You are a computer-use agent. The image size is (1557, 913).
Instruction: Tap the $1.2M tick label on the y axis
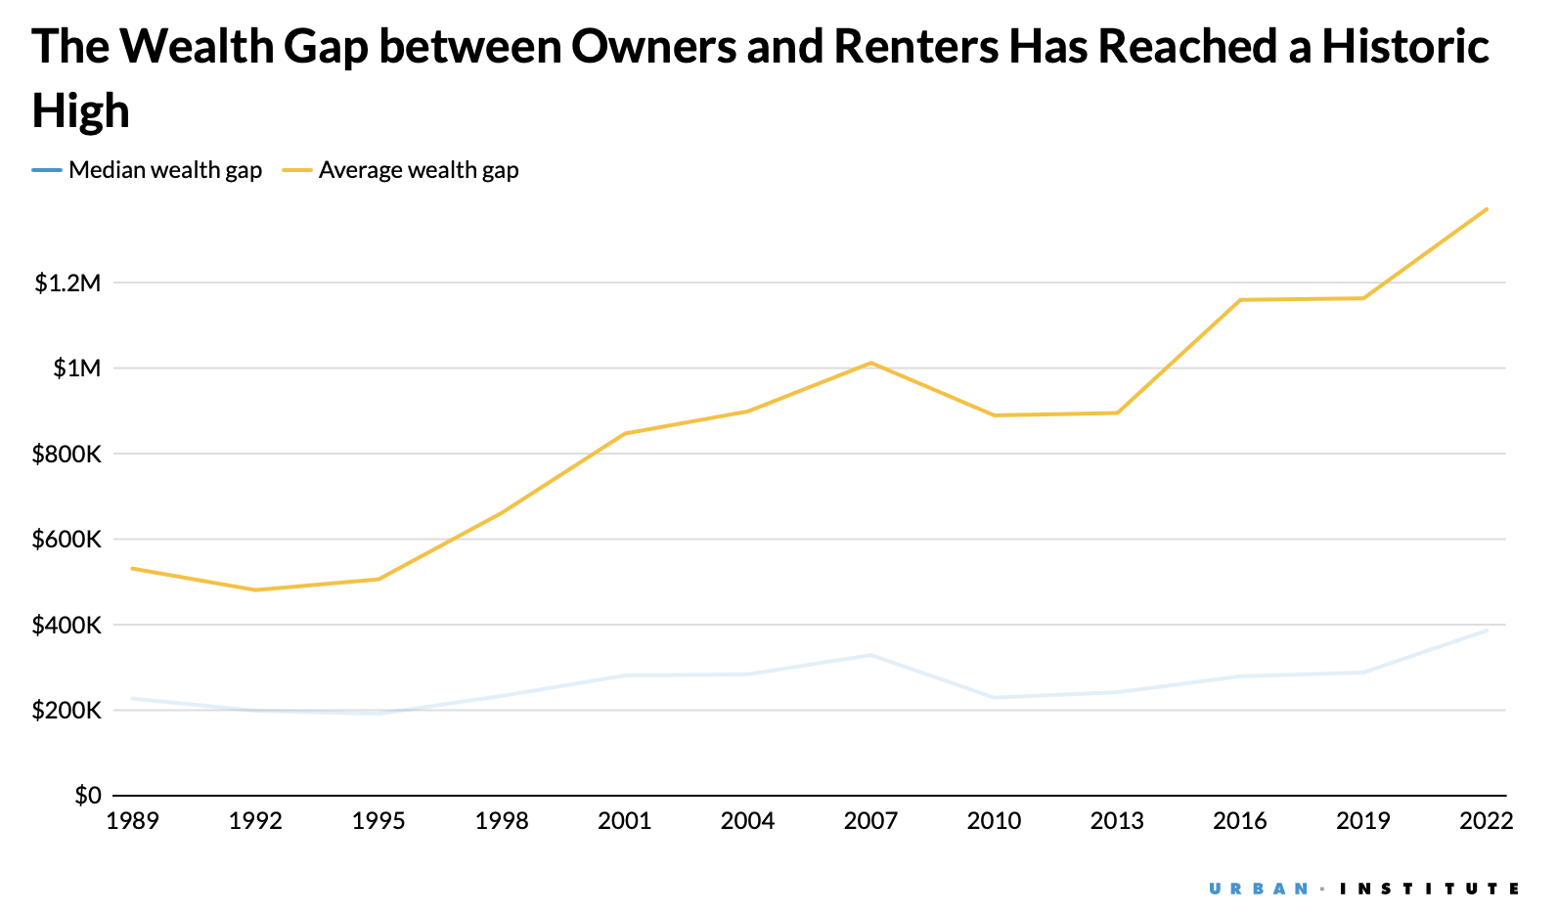[x=67, y=283]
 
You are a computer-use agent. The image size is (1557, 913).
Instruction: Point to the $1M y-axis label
[x=76, y=369]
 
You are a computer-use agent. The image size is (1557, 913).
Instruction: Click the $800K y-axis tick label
[x=67, y=455]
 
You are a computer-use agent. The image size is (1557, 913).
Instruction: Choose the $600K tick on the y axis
[x=67, y=540]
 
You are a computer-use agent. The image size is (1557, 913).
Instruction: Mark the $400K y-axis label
[x=67, y=626]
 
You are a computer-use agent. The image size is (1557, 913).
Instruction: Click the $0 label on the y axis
[x=87, y=796]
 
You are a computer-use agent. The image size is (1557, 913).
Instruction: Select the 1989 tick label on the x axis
[x=132, y=821]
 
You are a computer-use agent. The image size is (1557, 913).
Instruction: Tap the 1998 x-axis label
[x=501, y=821]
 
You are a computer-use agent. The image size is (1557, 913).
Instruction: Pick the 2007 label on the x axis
[x=870, y=821]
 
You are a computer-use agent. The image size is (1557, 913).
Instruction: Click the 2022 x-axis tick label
[x=1486, y=821]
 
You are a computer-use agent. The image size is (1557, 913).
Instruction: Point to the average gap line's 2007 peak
[x=870, y=363]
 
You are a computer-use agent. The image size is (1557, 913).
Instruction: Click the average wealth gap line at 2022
[x=1487, y=208]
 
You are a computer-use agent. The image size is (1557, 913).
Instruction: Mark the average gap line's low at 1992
[x=255, y=589]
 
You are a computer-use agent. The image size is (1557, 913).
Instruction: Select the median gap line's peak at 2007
[x=870, y=655]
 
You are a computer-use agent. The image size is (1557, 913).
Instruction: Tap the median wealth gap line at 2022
[x=1487, y=630]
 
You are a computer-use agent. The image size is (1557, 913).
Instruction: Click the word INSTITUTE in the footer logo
[x=1429, y=889]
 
